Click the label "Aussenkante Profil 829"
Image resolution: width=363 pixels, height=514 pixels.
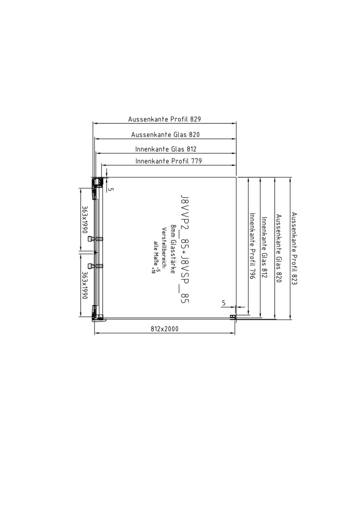[x=165, y=119]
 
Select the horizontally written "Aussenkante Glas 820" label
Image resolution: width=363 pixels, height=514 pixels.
[x=166, y=134]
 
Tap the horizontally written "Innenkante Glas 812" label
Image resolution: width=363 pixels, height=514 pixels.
[x=166, y=149]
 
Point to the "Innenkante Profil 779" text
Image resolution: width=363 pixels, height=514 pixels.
[x=169, y=161]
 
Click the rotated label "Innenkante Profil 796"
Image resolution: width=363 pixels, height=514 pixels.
[x=252, y=246]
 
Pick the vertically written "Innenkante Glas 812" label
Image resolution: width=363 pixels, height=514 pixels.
[x=265, y=247]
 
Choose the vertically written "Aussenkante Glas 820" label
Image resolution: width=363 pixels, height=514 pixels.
[x=279, y=248]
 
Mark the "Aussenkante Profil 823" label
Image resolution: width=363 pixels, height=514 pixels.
[x=294, y=248]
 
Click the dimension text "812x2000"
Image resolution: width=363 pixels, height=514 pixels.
[x=165, y=329]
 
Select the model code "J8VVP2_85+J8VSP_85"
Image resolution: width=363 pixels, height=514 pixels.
[x=185, y=248]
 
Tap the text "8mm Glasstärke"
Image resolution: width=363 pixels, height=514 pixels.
[x=172, y=249]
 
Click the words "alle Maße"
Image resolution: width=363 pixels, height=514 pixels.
[x=156, y=253]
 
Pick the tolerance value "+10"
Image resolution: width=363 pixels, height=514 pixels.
[x=153, y=270]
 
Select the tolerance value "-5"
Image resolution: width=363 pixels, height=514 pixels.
[x=157, y=269]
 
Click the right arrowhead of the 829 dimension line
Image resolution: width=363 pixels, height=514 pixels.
[x=234, y=124]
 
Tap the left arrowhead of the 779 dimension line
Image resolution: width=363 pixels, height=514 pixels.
[x=104, y=165]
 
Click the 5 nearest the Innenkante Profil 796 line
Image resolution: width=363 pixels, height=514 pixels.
[x=224, y=303]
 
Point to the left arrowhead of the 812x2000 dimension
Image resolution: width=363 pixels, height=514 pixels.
[x=97, y=333]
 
